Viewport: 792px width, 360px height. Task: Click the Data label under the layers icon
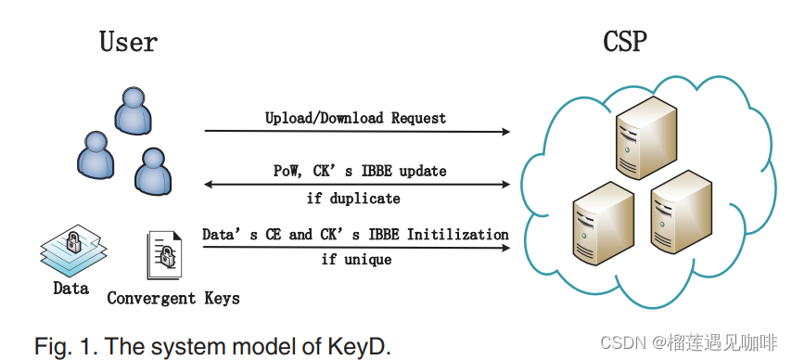(70, 289)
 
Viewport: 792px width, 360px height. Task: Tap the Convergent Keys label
(173, 298)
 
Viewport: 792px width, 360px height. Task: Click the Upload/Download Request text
(355, 119)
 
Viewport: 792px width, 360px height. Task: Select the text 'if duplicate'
(353, 198)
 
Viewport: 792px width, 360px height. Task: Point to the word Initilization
(459, 235)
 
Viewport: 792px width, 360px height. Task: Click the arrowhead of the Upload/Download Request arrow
(505, 132)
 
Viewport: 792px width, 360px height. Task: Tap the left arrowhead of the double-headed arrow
(209, 185)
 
